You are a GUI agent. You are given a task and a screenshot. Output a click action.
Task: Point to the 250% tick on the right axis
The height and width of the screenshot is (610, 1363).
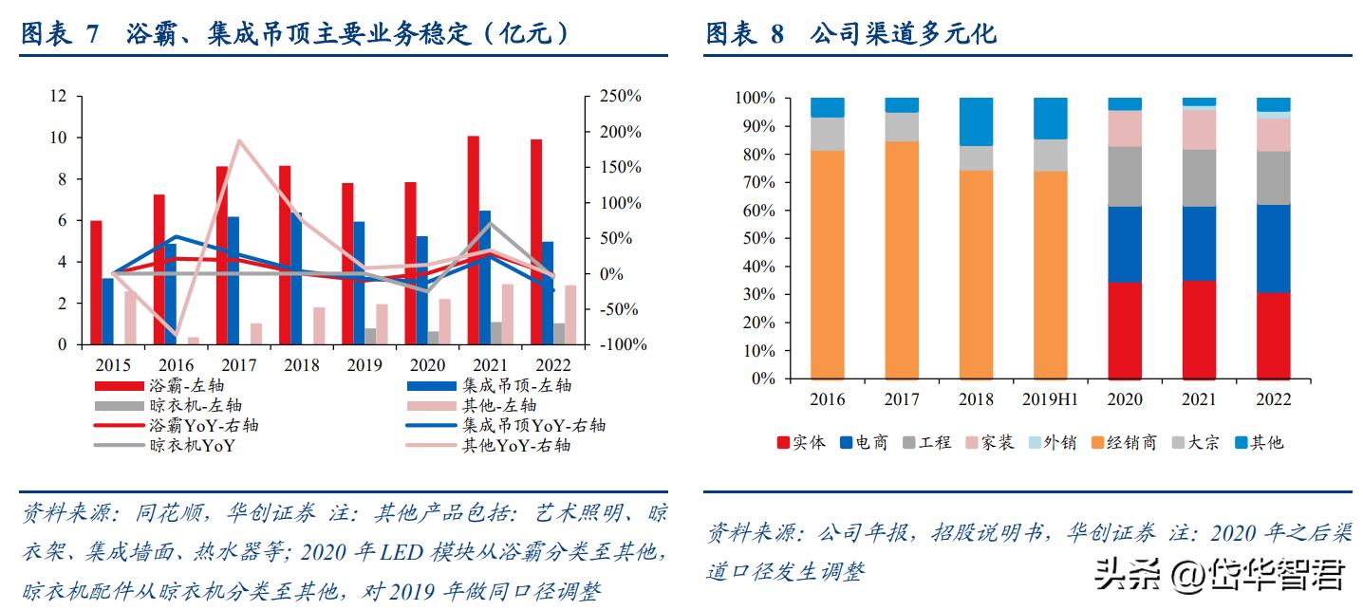click(x=619, y=97)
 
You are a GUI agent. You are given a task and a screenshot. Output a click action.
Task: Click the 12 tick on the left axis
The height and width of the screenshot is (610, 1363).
click(x=59, y=96)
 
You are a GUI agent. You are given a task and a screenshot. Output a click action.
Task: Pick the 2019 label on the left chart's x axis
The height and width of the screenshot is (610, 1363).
click(x=364, y=365)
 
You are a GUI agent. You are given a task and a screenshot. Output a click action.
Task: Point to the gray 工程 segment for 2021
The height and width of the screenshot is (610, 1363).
click(x=1199, y=178)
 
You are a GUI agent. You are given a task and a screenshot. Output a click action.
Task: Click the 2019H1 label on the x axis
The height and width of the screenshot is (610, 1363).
click(x=1049, y=399)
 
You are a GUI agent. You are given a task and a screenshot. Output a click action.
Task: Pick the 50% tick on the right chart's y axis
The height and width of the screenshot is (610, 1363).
click(x=756, y=238)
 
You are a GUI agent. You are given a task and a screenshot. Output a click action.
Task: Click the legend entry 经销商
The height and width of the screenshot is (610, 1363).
click(x=1130, y=442)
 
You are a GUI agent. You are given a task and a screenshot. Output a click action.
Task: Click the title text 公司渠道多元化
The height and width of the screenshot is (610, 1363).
click(x=903, y=34)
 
